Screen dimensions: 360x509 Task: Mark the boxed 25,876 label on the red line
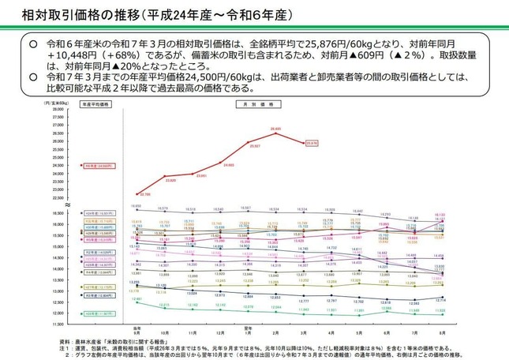pos(311,143)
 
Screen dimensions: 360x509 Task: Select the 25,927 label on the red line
pos(254,146)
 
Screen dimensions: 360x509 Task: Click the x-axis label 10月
pos(165,332)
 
